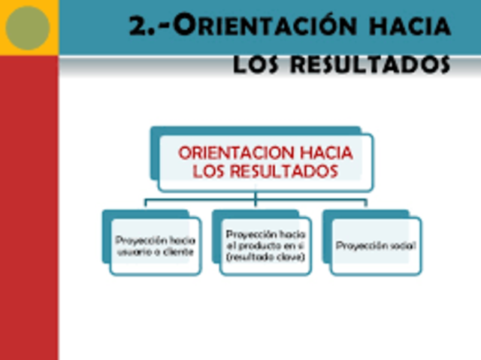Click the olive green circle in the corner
click(27, 28)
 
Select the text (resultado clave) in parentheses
click(265, 257)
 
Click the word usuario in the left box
click(136, 252)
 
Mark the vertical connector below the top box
click(256, 197)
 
